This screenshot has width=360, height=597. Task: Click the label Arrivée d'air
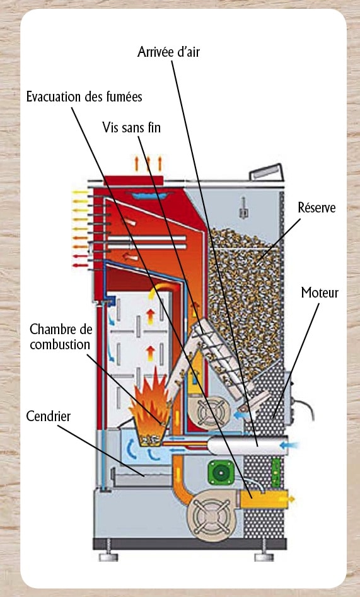click(168, 52)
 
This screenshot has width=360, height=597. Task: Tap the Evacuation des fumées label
click(84, 96)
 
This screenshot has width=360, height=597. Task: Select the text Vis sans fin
click(131, 127)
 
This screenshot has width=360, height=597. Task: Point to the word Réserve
click(316, 207)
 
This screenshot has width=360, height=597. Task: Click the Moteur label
click(320, 293)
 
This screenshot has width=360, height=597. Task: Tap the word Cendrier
click(49, 416)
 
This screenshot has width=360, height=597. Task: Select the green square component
click(220, 472)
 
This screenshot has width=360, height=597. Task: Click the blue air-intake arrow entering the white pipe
click(290, 444)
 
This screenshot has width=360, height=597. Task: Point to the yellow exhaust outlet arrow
click(291, 498)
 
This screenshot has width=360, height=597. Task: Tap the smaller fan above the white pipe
click(209, 413)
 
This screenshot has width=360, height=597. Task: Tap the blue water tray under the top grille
click(150, 195)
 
